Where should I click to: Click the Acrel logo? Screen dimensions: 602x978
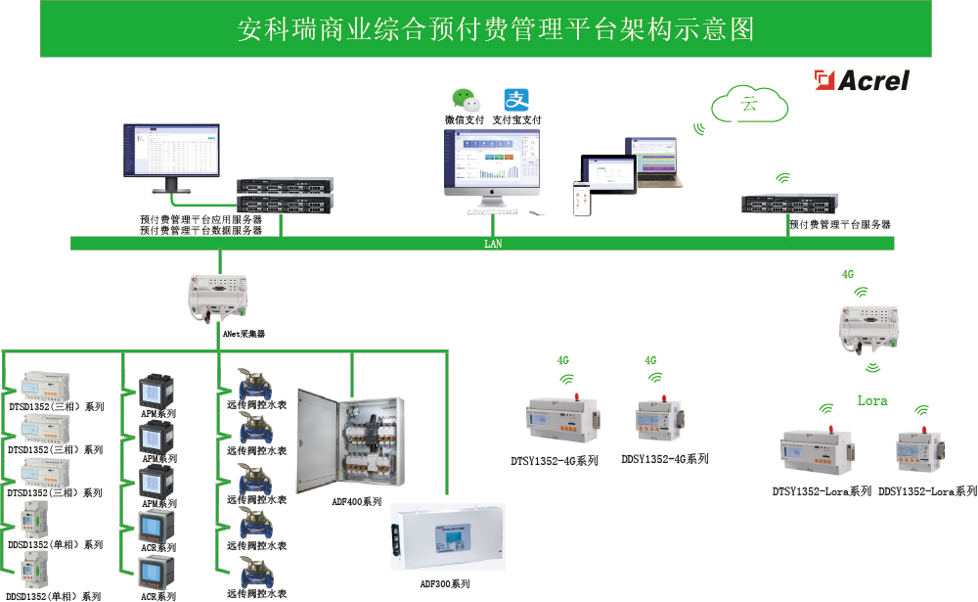coord(864,80)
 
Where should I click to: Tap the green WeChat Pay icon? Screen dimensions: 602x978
coord(466,100)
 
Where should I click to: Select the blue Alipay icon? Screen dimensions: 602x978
coord(516,100)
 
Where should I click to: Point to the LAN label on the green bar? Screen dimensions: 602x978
coord(493,244)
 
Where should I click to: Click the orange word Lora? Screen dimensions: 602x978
coord(872,400)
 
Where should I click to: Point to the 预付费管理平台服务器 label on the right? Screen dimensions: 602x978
coord(840,225)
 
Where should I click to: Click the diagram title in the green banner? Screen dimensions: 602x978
coord(497,29)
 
